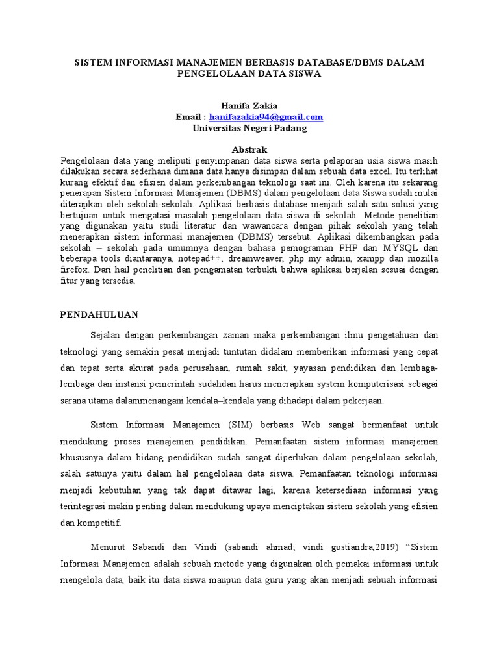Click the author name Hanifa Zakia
pyautogui.click(x=249, y=105)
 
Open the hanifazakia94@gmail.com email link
pyautogui.click(x=266, y=117)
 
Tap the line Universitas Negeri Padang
pyautogui.click(x=249, y=128)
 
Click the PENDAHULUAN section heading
pyautogui.click(x=99, y=314)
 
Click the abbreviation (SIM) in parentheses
pyautogui.click(x=242, y=425)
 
